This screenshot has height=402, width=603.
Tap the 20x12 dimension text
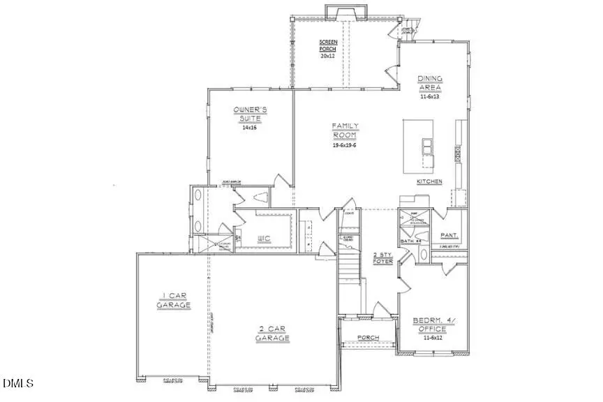(x=327, y=55)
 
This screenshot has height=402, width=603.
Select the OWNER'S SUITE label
(x=248, y=114)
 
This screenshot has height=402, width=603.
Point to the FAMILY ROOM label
(x=345, y=131)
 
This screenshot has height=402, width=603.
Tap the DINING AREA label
(x=430, y=82)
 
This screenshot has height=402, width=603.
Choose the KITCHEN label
(x=429, y=181)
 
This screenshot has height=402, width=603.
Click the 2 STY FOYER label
(x=384, y=258)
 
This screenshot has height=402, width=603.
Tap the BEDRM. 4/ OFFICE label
(x=433, y=325)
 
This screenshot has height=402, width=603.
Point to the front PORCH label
(x=368, y=338)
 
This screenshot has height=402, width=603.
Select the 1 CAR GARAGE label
(x=171, y=300)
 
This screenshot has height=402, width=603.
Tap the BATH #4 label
(x=410, y=241)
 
